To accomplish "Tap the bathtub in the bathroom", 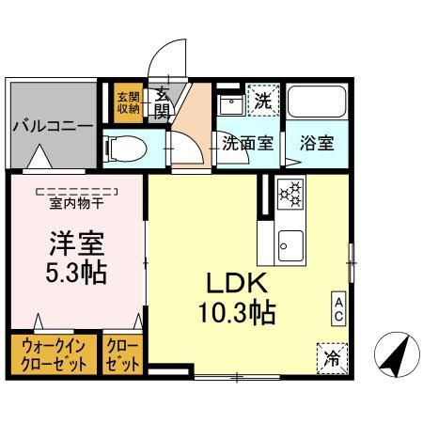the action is (317, 102).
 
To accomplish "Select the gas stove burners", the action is (290, 194).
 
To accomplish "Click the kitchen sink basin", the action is (290, 246).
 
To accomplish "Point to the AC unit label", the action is (338, 308).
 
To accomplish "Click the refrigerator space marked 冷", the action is (332, 358).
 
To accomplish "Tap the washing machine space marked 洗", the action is (262, 101).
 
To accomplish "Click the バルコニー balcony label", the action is (53, 126).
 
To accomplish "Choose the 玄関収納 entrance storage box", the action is (129, 102).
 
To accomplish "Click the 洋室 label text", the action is (77, 243).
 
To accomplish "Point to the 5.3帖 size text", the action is (76, 273).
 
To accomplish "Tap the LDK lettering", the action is (237, 283).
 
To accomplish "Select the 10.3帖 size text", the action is (237, 312).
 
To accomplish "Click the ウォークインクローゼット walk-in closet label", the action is (54, 355).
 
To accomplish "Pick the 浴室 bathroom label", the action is (317, 143).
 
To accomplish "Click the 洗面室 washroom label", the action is (248, 143).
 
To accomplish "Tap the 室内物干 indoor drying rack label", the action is (76, 204).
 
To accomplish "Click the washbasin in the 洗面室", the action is (232, 104).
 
